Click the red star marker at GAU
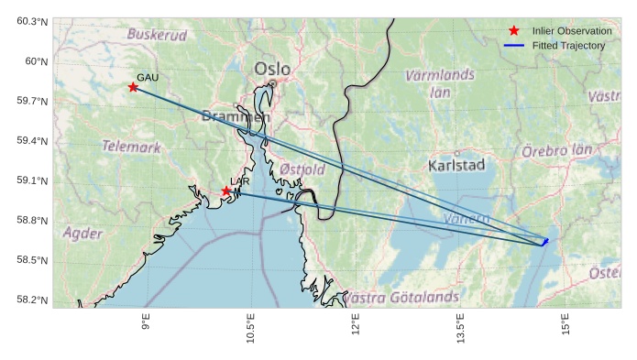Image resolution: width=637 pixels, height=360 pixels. point(134,87)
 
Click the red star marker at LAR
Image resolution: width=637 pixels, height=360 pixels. point(226,191)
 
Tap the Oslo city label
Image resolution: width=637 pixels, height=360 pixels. point(272,69)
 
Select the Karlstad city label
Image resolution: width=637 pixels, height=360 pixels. point(456,165)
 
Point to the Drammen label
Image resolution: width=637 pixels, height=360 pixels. point(236,116)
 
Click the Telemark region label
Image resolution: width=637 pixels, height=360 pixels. point(131,147)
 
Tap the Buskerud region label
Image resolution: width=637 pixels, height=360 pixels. point(157,35)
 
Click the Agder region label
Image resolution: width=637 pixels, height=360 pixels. point(82,234)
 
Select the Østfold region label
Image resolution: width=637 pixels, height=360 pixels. point(302,169)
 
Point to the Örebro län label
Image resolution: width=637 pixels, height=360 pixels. point(556,150)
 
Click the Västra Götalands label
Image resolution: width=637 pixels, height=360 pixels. point(401,298)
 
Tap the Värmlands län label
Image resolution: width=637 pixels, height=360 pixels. point(440,82)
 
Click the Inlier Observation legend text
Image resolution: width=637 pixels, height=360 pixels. point(572,31)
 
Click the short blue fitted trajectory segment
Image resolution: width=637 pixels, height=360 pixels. point(544,242)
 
